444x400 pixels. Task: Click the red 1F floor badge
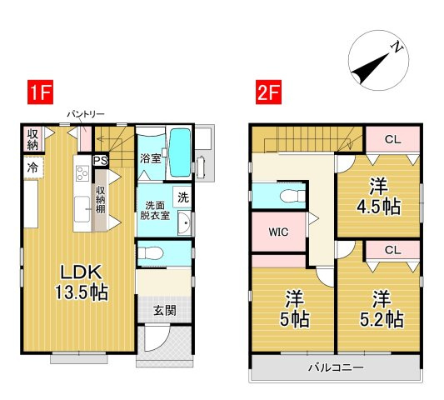pyautogui.click(x=40, y=92)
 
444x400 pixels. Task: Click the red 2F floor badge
pyautogui.click(x=268, y=92)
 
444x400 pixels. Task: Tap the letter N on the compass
pyautogui.click(x=397, y=47)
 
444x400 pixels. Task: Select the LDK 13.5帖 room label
pyautogui.click(x=82, y=282)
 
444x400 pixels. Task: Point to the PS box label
pyautogui.click(x=101, y=161)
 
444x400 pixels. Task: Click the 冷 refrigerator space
pyautogui.click(x=33, y=167)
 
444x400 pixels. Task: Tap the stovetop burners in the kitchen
pyautogui.click(x=82, y=173)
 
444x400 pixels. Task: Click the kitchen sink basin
pyautogui.click(x=82, y=210)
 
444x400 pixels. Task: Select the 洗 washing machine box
pyautogui.click(x=182, y=197)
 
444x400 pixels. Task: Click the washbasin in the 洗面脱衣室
pyautogui.click(x=184, y=223)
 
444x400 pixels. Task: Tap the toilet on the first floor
pyautogui.click(x=150, y=253)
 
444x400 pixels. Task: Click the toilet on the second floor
pyautogui.click(x=292, y=196)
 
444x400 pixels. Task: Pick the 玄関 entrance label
pyautogui.click(x=164, y=311)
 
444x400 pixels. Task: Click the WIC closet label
pyautogui.click(x=278, y=232)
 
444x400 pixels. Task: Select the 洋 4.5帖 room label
pyautogui.click(x=378, y=197)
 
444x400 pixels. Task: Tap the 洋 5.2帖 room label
pyautogui.click(x=382, y=309)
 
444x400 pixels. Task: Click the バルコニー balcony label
pyautogui.click(x=336, y=367)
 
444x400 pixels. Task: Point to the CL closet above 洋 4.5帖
pyautogui.click(x=392, y=139)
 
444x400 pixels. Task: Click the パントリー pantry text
pyautogui.click(x=86, y=114)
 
